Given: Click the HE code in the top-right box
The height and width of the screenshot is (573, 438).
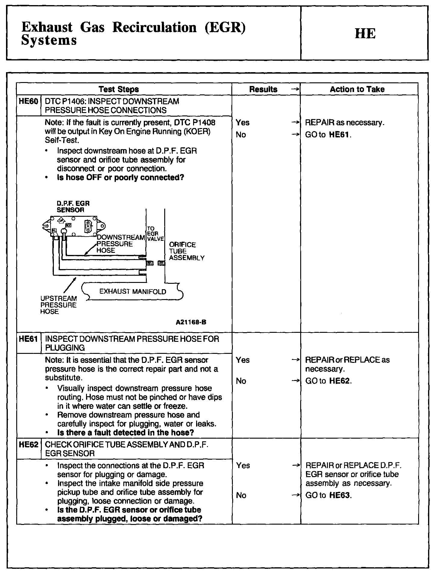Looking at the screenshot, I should click(365, 33).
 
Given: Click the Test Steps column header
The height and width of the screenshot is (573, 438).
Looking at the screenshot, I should click(119, 89).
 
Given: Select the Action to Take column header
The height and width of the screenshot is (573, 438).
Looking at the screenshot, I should click(357, 89).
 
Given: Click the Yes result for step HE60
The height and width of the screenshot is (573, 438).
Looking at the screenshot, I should click(242, 123).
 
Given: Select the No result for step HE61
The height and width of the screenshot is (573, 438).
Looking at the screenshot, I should click(241, 381).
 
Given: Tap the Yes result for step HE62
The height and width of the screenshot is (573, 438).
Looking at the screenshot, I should click(243, 466).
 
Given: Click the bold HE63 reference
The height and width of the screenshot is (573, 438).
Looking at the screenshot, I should click(340, 495).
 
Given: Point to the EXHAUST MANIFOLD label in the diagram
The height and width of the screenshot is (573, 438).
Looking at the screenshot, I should click(133, 291).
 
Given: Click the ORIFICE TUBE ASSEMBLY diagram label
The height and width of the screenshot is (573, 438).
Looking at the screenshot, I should click(187, 251).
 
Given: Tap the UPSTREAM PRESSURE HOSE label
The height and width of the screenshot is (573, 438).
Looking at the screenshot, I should click(58, 305).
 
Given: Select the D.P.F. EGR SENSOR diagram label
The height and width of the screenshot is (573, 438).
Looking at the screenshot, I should click(73, 207).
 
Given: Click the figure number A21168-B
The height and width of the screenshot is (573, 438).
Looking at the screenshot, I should click(191, 322).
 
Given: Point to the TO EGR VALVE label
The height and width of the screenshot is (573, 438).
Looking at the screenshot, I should click(155, 234).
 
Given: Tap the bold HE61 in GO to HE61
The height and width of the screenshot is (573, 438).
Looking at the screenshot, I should click(339, 135).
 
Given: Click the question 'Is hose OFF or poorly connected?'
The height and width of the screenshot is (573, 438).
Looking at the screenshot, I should click(120, 178).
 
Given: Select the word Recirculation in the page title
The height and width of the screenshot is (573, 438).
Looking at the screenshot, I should click(154, 27).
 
